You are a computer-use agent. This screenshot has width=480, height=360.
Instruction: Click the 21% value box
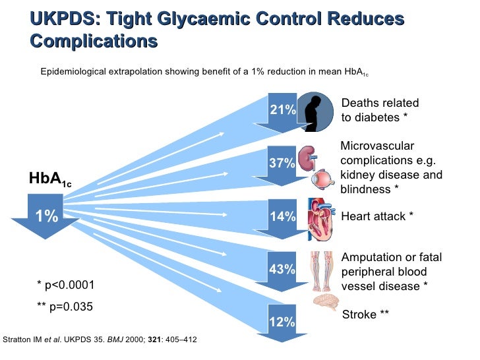coord(282,109)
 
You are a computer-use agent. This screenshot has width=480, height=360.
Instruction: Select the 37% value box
coord(282,163)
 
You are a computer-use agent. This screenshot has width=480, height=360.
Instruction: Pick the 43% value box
coord(282,269)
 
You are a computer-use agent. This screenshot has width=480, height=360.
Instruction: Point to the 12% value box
coord(282,321)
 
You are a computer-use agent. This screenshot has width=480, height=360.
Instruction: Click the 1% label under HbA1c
coord(46,216)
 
